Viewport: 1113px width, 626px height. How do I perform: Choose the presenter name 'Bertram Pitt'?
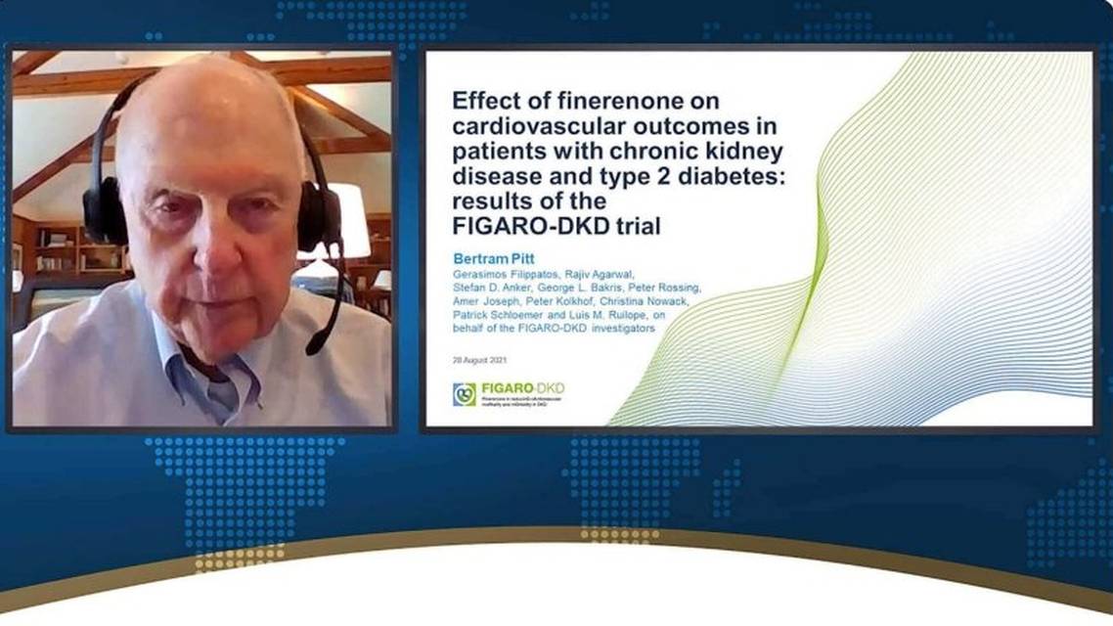(x=494, y=258)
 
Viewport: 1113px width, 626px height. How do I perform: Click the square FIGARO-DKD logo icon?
(x=464, y=394)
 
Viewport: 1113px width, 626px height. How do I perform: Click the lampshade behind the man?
(x=351, y=221)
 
